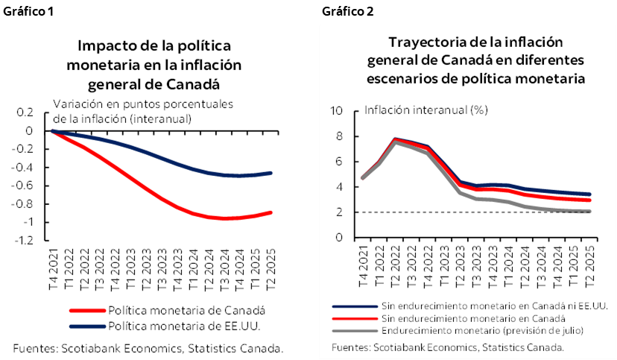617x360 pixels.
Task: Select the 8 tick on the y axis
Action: [338, 136]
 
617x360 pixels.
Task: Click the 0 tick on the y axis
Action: [338, 238]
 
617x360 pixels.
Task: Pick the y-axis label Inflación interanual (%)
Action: [425, 110]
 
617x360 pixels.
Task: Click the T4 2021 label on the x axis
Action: [363, 270]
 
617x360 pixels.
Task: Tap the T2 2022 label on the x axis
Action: [395, 270]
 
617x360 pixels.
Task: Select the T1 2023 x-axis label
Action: [443, 270]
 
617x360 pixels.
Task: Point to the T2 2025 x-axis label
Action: [589, 270]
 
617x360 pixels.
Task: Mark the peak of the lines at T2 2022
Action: [395, 139]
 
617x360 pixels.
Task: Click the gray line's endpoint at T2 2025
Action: [589, 212]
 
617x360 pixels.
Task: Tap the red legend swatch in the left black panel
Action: [87, 310]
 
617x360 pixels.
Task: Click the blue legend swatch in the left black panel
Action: [87, 326]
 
